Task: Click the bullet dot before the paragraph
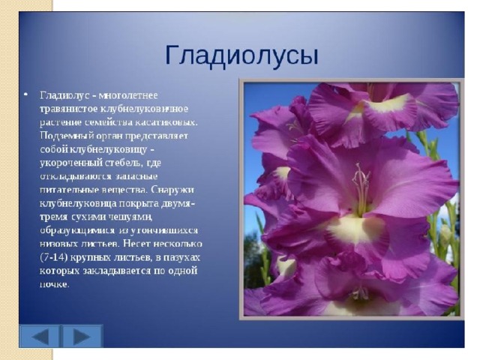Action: pyautogui.click(x=26, y=94)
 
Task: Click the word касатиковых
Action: pyautogui.click(x=171, y=122)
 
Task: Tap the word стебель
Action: pyautogui.click(x=124, y=163)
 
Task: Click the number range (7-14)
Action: pyautogui.click(x=53, y=257)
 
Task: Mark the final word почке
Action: pyautogui.click(x=55, y=284)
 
